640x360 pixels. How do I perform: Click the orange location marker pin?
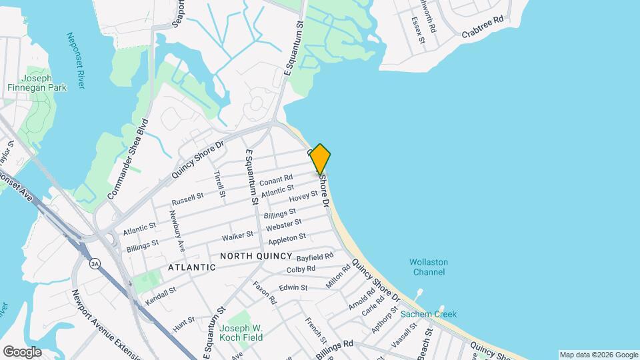tap(320, 159)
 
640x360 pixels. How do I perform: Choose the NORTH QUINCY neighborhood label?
tap(256, 256)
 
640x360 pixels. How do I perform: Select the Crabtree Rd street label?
tap(482, 27)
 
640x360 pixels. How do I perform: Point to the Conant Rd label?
tap(276, 180)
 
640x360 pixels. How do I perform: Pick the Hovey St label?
tap(303, 197)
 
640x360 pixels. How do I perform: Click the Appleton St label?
tap(287, 237)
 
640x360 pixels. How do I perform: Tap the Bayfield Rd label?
tap(315, 257)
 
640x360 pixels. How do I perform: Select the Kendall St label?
tap(160, 295)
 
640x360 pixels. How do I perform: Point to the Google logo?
tap(21, 351)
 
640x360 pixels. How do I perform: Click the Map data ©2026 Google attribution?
tap(598, 355)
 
